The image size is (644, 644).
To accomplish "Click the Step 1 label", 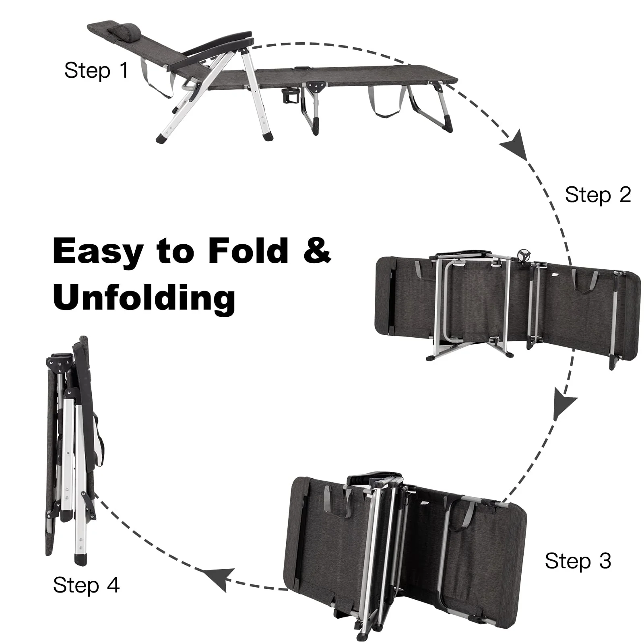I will (96, 70).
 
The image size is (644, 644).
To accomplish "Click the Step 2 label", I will (597, 195).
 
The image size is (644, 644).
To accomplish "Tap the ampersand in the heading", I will (316, 250).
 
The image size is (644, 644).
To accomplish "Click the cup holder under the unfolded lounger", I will (289, 98).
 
